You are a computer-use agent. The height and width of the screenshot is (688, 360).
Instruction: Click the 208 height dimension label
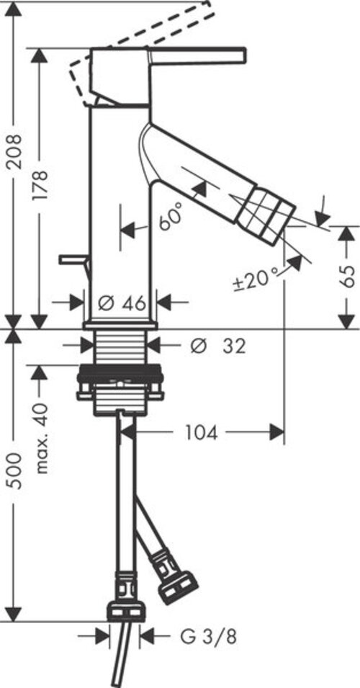point(15,151)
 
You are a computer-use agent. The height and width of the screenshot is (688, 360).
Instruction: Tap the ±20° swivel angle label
point(256,279)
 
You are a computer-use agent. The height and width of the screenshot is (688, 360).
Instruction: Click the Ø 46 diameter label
point(122,303)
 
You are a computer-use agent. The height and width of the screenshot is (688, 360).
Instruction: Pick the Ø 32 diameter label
point(218,347)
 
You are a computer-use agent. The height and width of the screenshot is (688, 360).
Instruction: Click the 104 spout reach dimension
point(202,434)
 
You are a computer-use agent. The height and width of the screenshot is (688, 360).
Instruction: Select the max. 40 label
point(41,439)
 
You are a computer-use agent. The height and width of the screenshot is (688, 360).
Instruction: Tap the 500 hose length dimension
point(15,471)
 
